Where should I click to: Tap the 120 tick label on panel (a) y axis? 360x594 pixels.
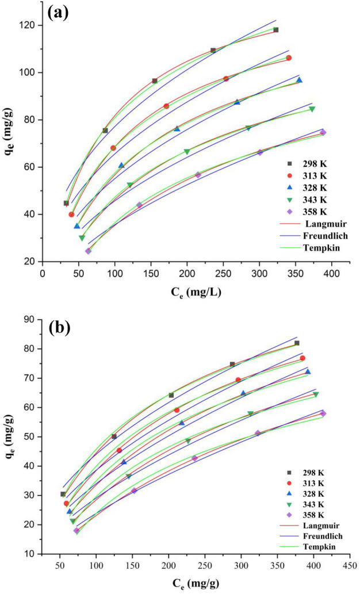[x=28, y=25]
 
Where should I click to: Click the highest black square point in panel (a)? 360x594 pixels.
[x=275, y=30]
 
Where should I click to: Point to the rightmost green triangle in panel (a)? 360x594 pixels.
[x=312, y=109]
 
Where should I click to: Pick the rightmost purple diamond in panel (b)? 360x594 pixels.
[x=323, y=413]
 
